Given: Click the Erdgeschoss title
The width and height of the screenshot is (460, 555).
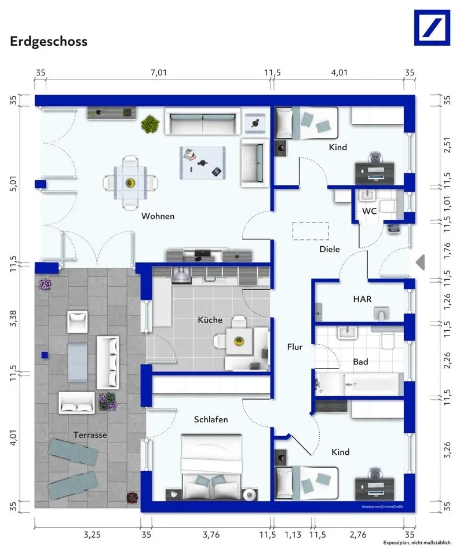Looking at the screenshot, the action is pos(49,42).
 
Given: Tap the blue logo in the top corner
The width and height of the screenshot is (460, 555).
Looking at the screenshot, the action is pos(432,28).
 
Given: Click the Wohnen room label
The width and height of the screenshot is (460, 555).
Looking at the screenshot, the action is pos(158,216).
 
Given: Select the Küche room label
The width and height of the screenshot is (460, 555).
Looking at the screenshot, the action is pos(210,320).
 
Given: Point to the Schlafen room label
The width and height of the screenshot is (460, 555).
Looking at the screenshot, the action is pos(211,419).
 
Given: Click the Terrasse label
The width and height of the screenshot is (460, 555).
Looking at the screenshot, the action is pos(90,434).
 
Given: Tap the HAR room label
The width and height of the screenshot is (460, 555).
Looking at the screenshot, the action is pos(362,299).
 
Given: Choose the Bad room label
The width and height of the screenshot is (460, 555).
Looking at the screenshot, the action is pos(360,362).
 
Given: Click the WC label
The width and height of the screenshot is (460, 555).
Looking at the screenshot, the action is pos(369,211).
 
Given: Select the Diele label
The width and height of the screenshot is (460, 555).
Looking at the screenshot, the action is pos(330,249).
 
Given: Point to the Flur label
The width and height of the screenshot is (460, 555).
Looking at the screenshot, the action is pos(295,347).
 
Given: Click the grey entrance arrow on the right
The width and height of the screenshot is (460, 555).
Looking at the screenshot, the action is pos(420,262).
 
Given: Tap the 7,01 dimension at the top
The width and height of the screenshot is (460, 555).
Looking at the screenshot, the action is pos(159,72).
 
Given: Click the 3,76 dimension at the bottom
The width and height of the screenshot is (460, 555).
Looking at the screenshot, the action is pos(211,535).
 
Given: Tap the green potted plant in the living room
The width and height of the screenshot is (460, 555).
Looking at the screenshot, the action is pos(150,124).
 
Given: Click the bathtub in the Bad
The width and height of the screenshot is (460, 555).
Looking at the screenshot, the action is pos(359,384).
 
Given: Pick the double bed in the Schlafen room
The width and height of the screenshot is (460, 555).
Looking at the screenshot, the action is pos(211,467).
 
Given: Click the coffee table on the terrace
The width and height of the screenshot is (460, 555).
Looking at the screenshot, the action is pos(77,362).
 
